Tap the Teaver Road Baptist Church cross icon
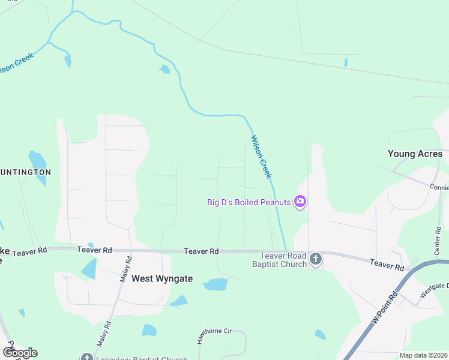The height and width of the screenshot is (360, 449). (316, 259)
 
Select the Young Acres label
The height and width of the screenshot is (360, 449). (415, 154)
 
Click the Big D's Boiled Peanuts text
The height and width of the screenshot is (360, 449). (249, 202)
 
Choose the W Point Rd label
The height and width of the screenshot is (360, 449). (385, 308)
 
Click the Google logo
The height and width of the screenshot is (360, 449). (20, 353)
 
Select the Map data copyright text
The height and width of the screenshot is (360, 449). (423, 355)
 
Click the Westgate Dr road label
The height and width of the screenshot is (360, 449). (435, 290)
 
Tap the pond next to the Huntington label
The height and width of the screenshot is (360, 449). (38, 160)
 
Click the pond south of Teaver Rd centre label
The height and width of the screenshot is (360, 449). (215, 284)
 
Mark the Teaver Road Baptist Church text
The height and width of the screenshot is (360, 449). (279, 260)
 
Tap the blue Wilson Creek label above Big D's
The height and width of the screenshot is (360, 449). (261, 157)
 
